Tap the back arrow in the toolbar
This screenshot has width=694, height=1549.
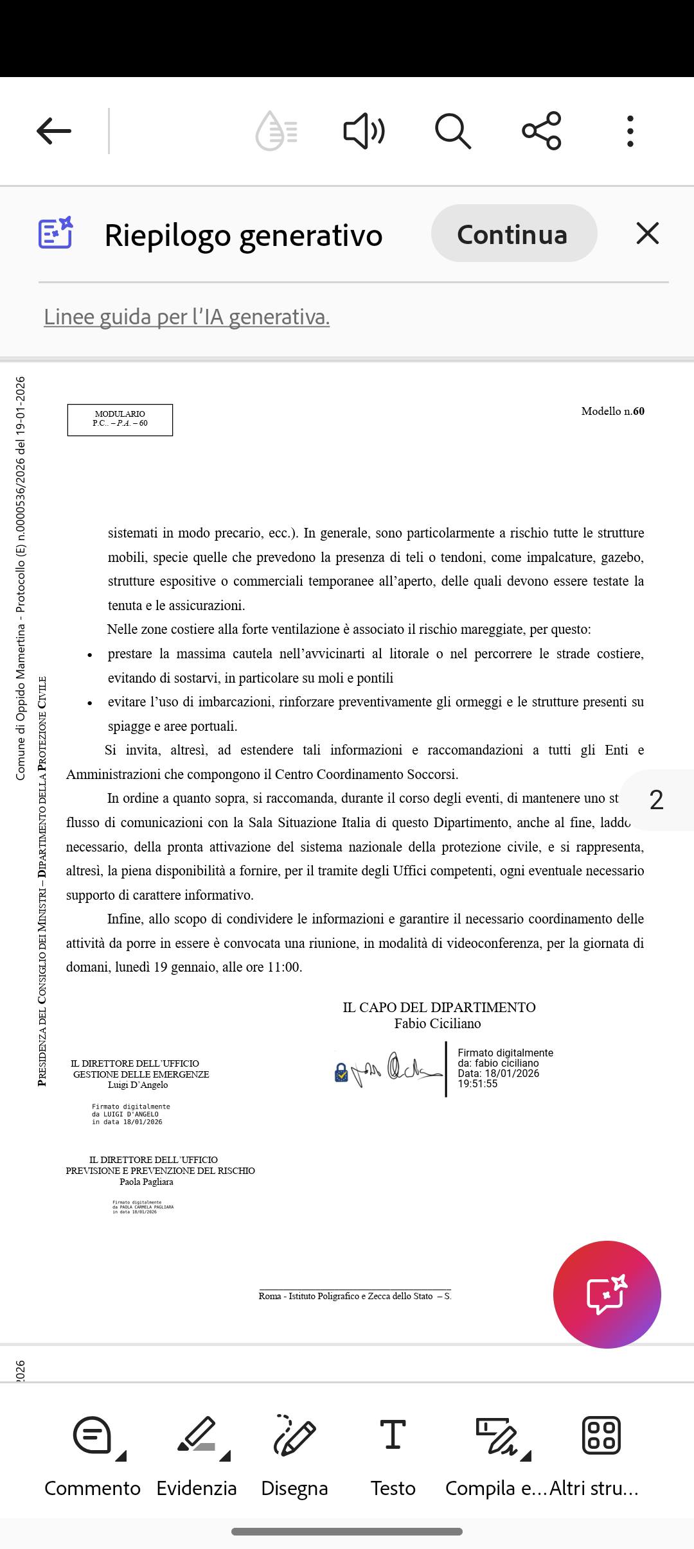click(x=54, y=131)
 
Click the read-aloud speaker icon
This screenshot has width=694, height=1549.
click(x=364, y=131)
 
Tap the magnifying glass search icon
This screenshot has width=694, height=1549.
click(x=453, y=131)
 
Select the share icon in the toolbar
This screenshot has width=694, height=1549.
click(x=542, y=131)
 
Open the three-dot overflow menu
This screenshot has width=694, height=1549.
click(x=630, y=131)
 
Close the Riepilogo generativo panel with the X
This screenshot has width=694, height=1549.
click(x=647, y=233)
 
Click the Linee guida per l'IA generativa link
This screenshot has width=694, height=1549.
click(x=186, y=317)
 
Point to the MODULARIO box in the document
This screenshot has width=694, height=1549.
click(x=120, y=419)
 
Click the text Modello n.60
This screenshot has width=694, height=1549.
click(x=612, y=411)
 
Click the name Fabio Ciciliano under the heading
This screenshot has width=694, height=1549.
click(x=438, y=1023)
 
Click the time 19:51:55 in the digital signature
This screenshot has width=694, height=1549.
click(x=477, y=1083)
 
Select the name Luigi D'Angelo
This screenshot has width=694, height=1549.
click(x=138, y=1085)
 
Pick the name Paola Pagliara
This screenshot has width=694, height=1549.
click(x=147, y=1181)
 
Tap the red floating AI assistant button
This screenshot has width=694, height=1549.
click(x=607, y=1294)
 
